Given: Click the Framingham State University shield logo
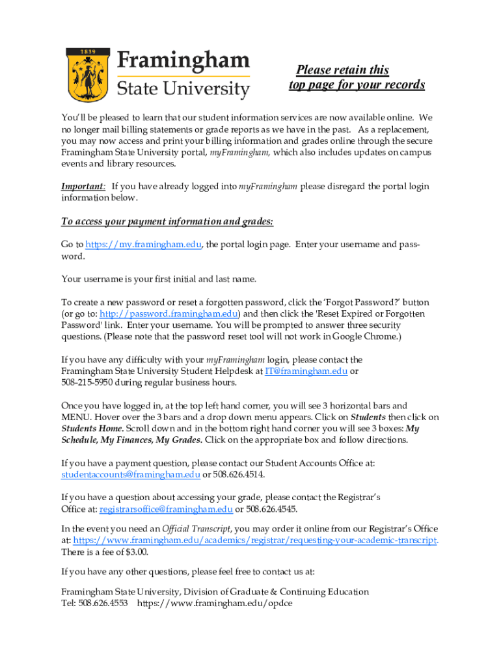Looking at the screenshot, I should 87,73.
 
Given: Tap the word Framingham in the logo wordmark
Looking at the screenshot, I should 183,62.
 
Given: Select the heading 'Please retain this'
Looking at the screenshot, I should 342,70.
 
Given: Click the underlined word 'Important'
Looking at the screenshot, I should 83,187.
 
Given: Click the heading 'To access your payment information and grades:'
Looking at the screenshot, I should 167,222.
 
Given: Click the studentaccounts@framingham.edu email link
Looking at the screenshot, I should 130,474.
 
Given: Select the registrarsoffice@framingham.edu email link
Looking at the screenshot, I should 165,509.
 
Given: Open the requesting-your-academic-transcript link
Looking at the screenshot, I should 255,540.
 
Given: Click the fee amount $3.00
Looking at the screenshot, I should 135,552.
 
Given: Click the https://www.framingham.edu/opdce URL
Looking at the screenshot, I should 215,603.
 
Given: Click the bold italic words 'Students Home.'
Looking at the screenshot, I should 92,429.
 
